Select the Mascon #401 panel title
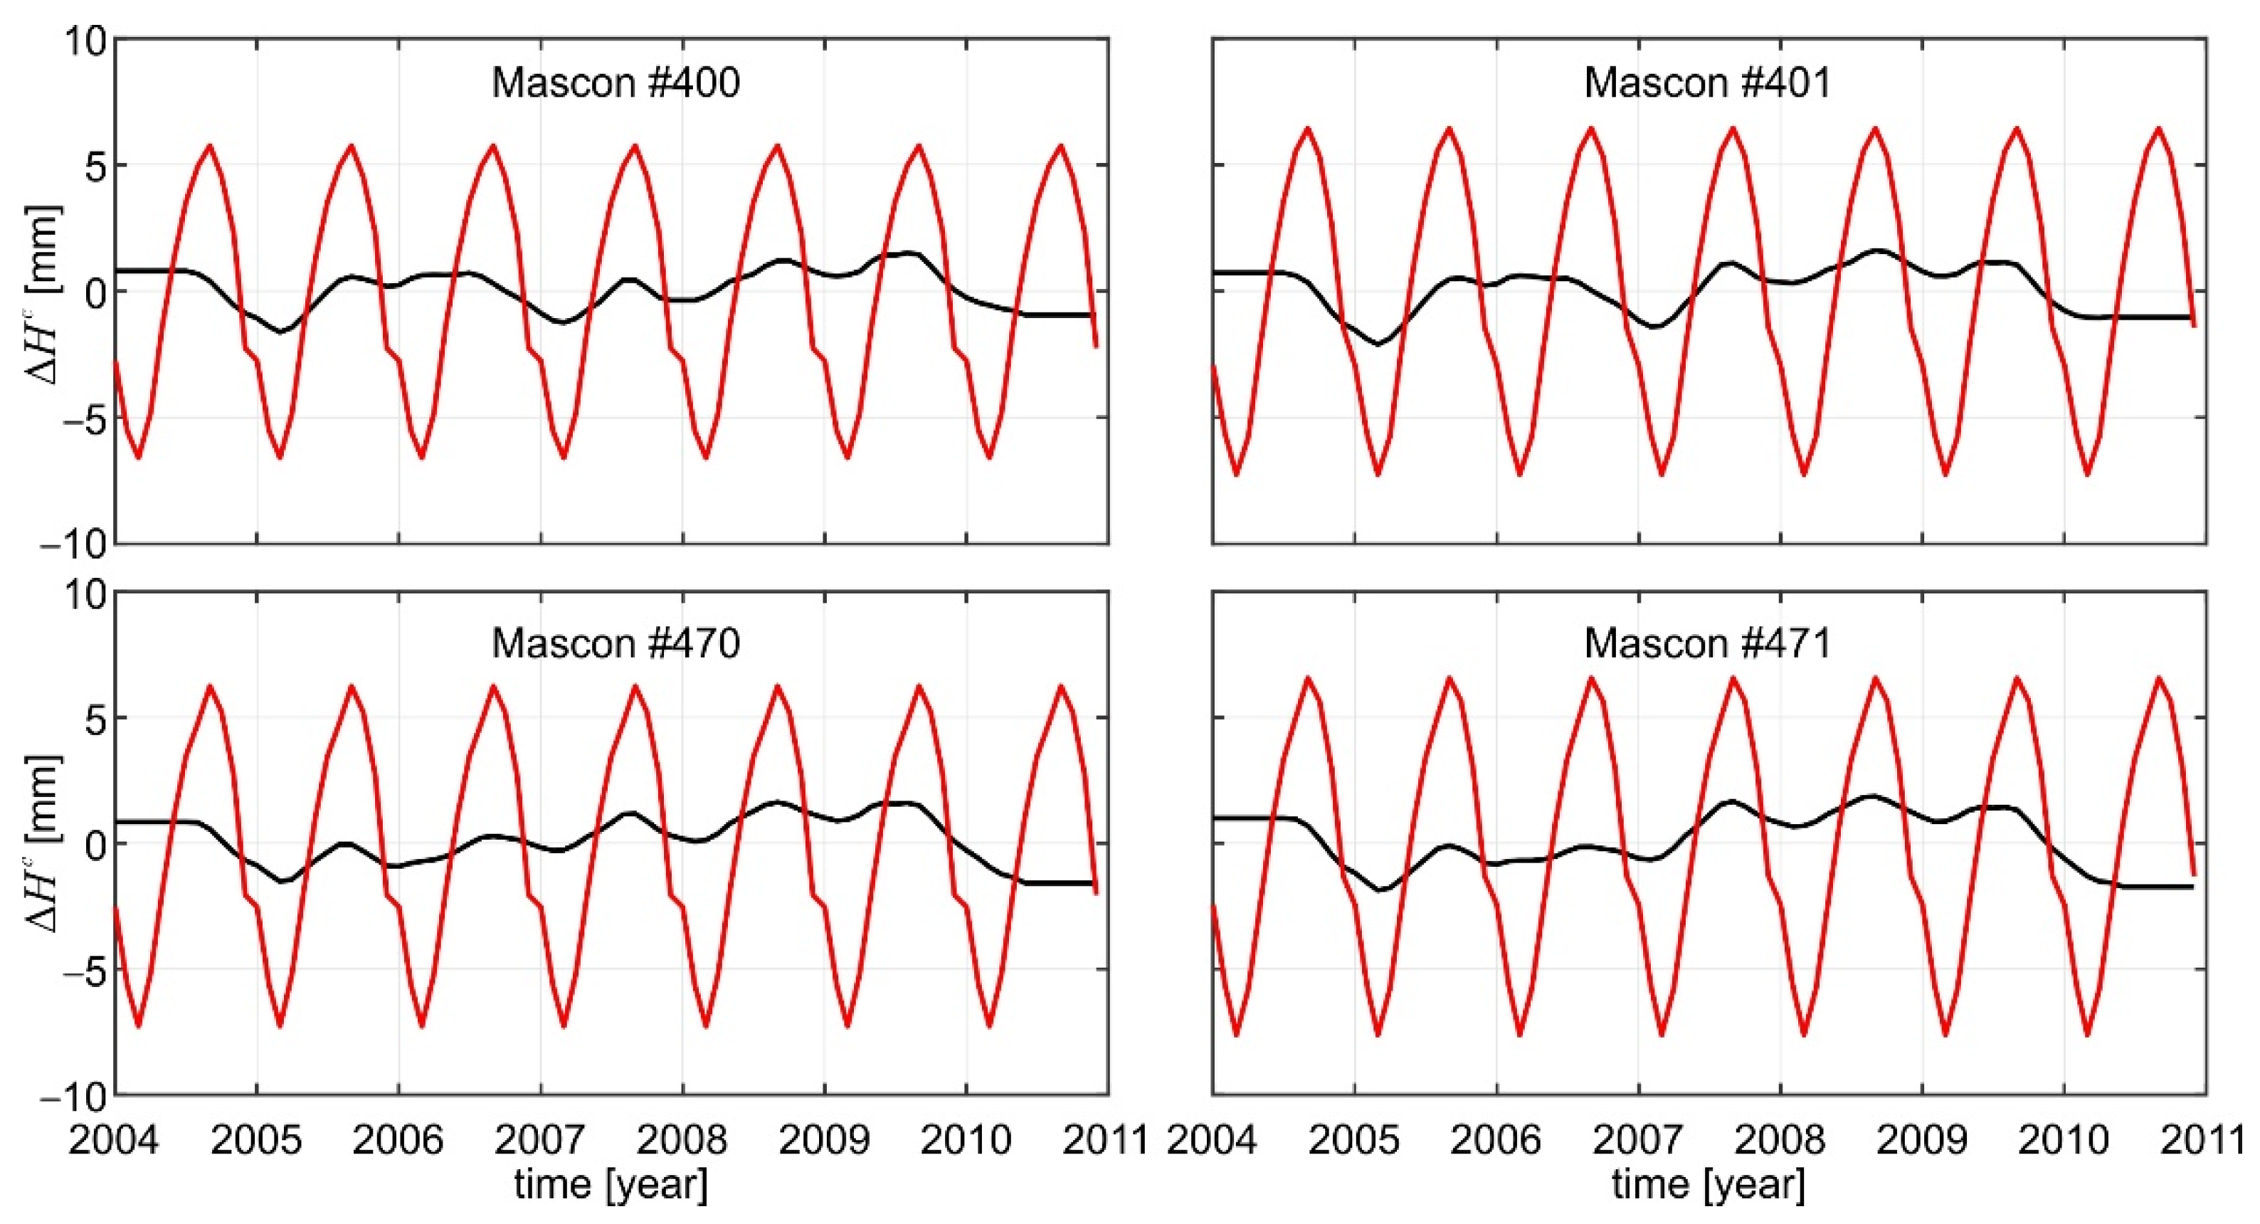pos(1707,83)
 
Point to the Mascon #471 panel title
pos(1707,643)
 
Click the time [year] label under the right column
pos(1708,1185)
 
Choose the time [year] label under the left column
pos(611,1185)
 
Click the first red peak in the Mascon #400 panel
pos(210,146)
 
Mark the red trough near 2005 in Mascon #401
pos(1378,475)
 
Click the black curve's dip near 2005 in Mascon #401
pos(1378,344)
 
